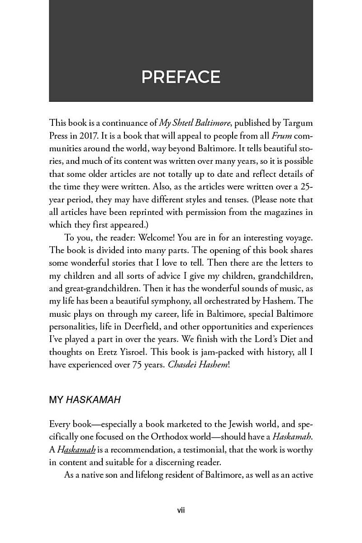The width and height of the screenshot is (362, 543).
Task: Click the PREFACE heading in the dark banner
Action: [x=181, y=77]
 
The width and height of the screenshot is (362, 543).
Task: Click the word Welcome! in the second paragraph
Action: [x=156, y=238]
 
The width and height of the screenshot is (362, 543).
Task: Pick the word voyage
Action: [x=299, y=238]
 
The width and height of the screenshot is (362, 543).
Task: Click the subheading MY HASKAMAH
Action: [x=85, y=400]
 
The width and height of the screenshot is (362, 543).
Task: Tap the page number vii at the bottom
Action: [x=181, y=510]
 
